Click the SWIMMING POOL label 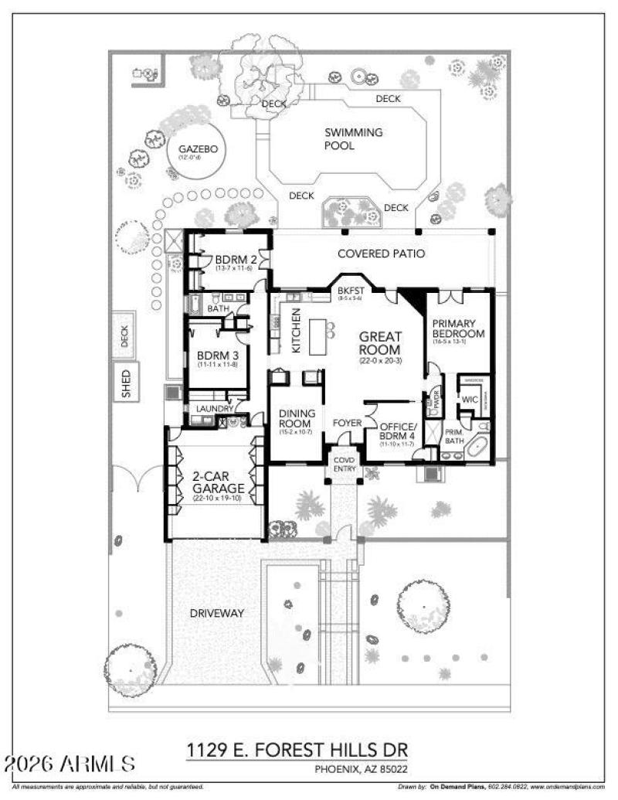[x=353, y=139]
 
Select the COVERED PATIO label [x=382, y=254]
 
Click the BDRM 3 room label [x=216, y=358]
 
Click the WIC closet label [x=470, y=399]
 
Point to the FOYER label [x=347, y=423]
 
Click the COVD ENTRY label [x=343, y=464]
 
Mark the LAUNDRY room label [x=215, y=408]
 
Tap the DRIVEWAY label [x=217, y=613]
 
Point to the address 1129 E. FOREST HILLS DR [x=297, y=751]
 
